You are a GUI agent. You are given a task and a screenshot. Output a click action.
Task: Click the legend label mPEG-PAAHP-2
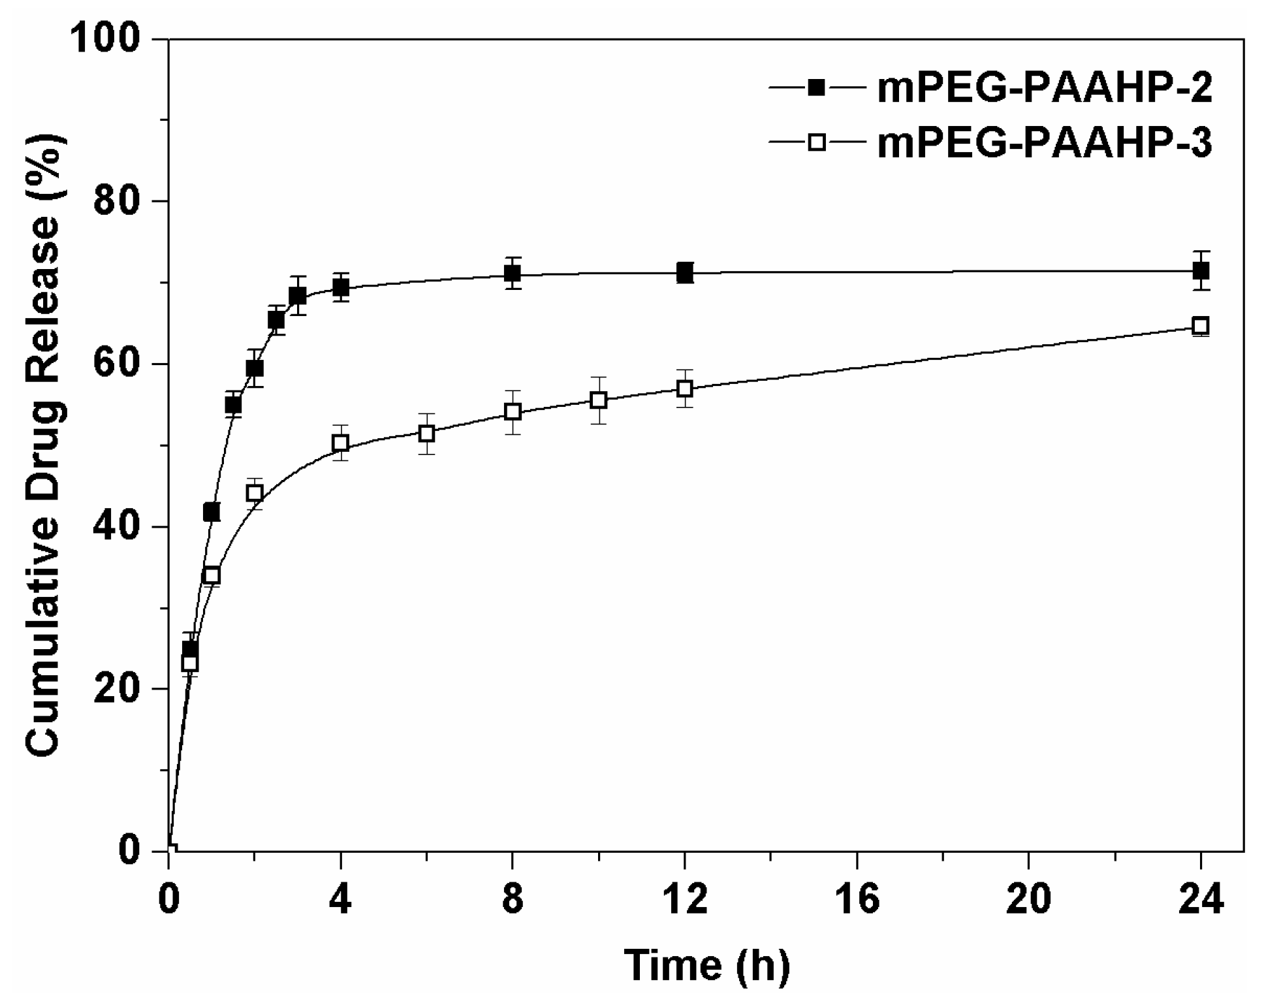tap(1044, 88)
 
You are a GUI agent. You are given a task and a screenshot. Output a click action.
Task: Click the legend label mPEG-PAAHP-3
tap(1044, 143)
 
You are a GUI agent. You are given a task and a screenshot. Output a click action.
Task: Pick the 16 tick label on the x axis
tap(856, 900)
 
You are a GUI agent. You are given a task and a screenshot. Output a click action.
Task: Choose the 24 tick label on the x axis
tap(1200, 900)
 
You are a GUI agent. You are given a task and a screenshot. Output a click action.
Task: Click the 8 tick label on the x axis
tap(513, 900)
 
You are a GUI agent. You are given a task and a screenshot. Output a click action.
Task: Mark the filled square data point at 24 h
tap(1200, 270)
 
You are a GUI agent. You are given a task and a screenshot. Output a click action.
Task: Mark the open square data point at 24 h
tap(1200, 326)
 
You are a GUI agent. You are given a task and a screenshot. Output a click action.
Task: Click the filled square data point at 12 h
tap(684, 272)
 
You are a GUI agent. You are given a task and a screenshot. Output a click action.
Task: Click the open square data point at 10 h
tap(599, 400)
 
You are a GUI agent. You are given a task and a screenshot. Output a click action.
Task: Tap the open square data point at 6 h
tap(426, 433)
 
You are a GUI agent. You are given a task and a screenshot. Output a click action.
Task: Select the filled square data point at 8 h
tap(513, 274)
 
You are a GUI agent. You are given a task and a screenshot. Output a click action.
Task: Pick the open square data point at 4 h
tap(340, 443)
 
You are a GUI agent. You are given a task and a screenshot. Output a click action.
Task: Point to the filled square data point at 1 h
tap(212, 513)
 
